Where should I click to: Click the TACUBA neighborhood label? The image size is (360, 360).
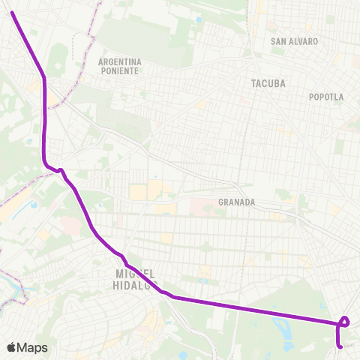pyautogui.click(x=269, y=83)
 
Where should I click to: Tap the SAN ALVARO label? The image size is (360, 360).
pyautogui.click(x=295, y=42)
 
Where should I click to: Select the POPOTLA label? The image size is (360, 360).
pyautogui.click(x=326, y=97)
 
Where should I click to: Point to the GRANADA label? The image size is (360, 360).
pyautogui.click(x=237, y=202)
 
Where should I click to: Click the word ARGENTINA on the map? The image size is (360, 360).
pyautogui.click(x=120, y=61)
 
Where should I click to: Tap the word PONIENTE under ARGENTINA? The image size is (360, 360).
pyautogui.click(x=119, y=70)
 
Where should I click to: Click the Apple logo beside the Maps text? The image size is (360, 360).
pyautogui.click(x=12, y=347)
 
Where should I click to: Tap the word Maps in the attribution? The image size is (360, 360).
pyautogui.click(x=33, y=347)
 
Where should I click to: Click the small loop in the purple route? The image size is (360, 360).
pyautogui.click(x=344, y=322)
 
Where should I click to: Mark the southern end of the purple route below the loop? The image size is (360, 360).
pyautogui.click(x=341, y=346)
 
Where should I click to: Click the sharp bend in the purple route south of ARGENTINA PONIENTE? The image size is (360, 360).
pyautogui.click(x=45, y=78)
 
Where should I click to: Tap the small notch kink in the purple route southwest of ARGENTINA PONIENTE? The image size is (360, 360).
pyautogui.click(x=60, y=171)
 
